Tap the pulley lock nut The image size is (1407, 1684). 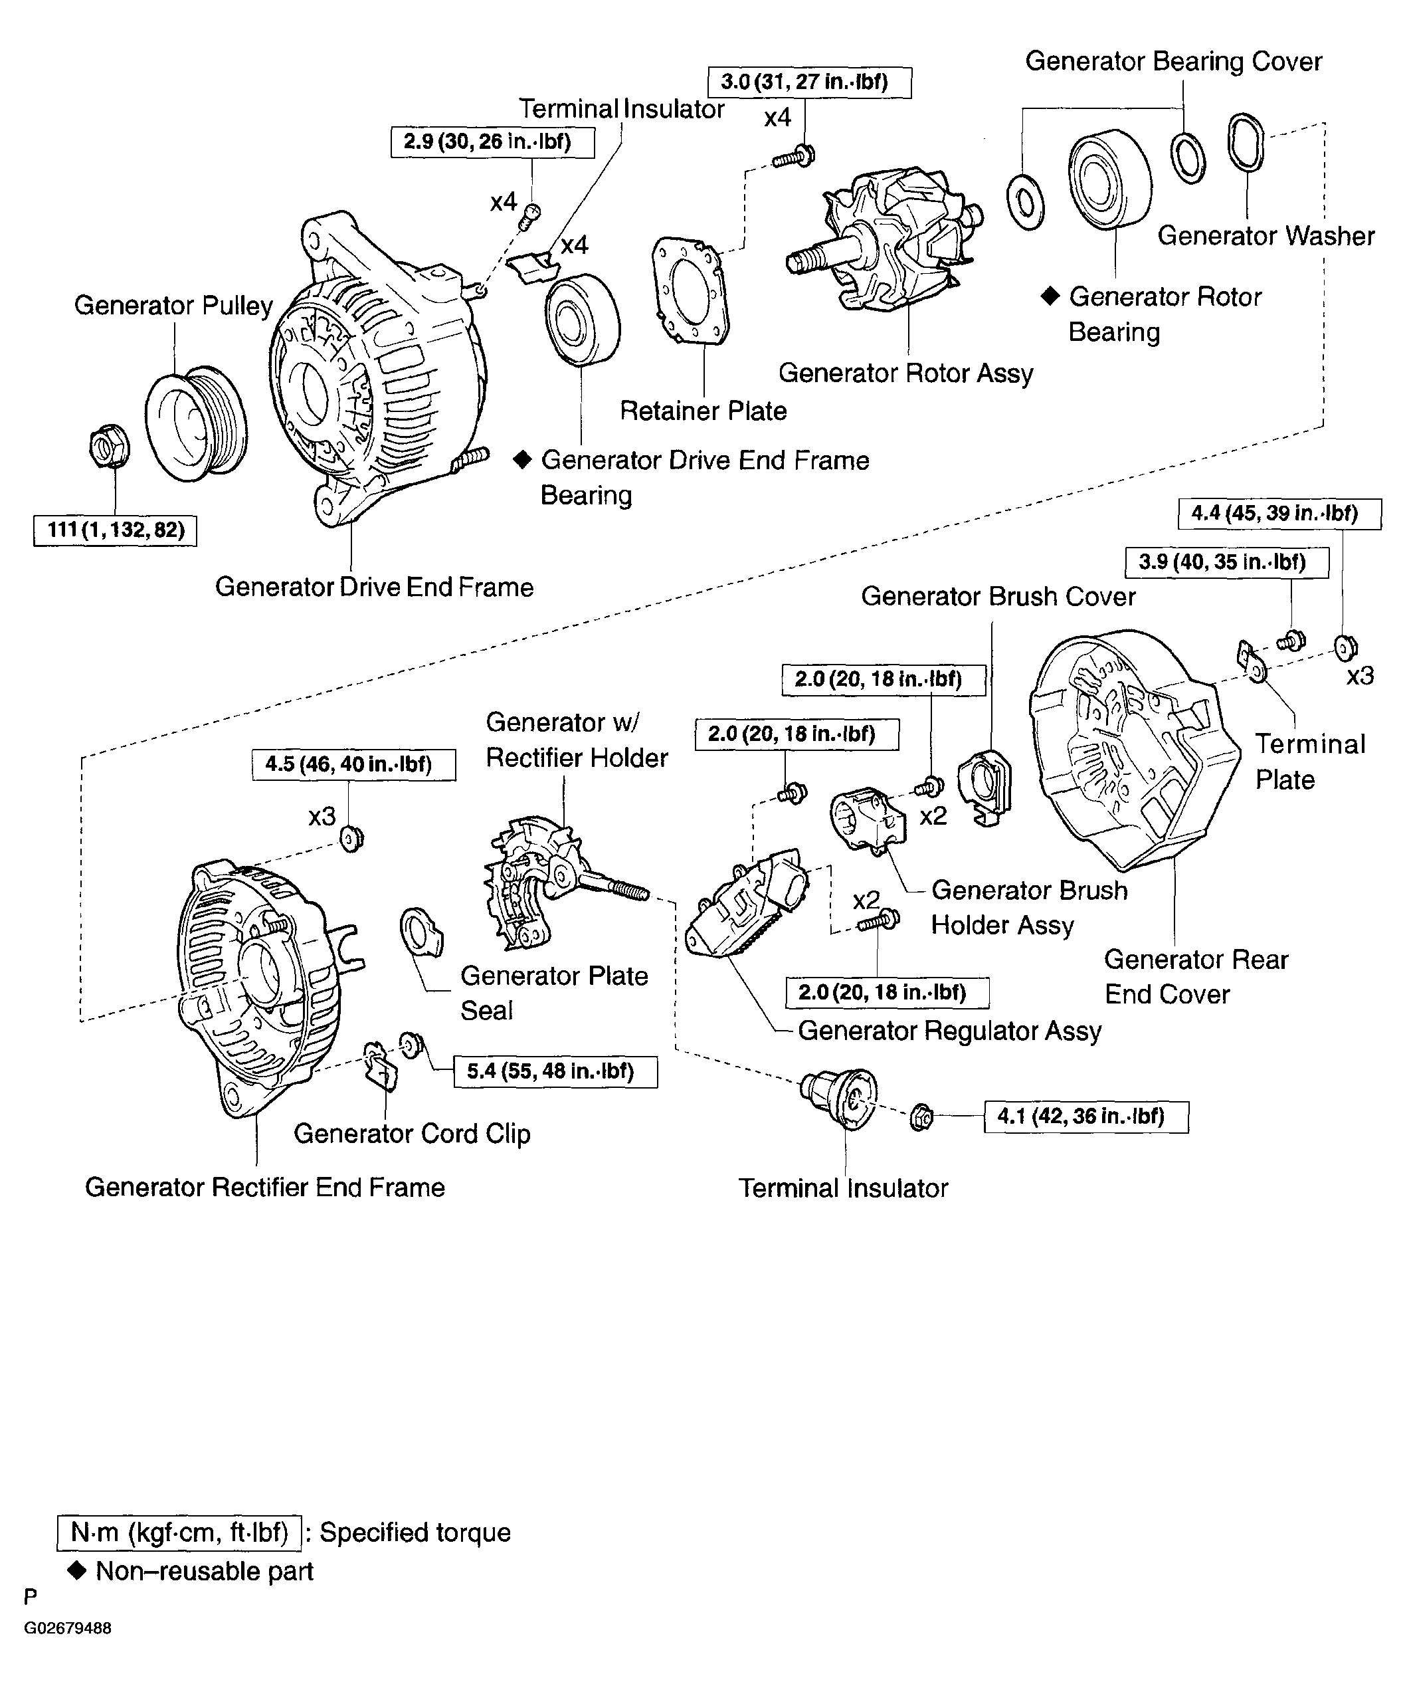click(110, 447)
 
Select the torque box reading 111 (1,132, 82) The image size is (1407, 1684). click(116, 530)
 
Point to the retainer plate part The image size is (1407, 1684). click(691, 290)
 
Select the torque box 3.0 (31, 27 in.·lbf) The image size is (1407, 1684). click(809, 82)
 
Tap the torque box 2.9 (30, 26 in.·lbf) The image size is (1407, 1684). click(492, 142)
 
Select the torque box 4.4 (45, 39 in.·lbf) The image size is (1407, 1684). click(1279, 513)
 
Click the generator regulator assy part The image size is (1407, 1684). click(745, 906)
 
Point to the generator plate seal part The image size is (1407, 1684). click(421, 932)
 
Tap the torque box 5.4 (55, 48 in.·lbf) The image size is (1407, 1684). click(555, 1071)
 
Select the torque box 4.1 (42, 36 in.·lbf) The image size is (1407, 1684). click(1085, 1116)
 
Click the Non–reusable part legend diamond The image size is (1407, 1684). click(78, 1571)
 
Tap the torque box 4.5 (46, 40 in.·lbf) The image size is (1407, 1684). click(353, 764)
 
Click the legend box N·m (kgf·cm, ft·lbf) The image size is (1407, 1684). click(179, 1532)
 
